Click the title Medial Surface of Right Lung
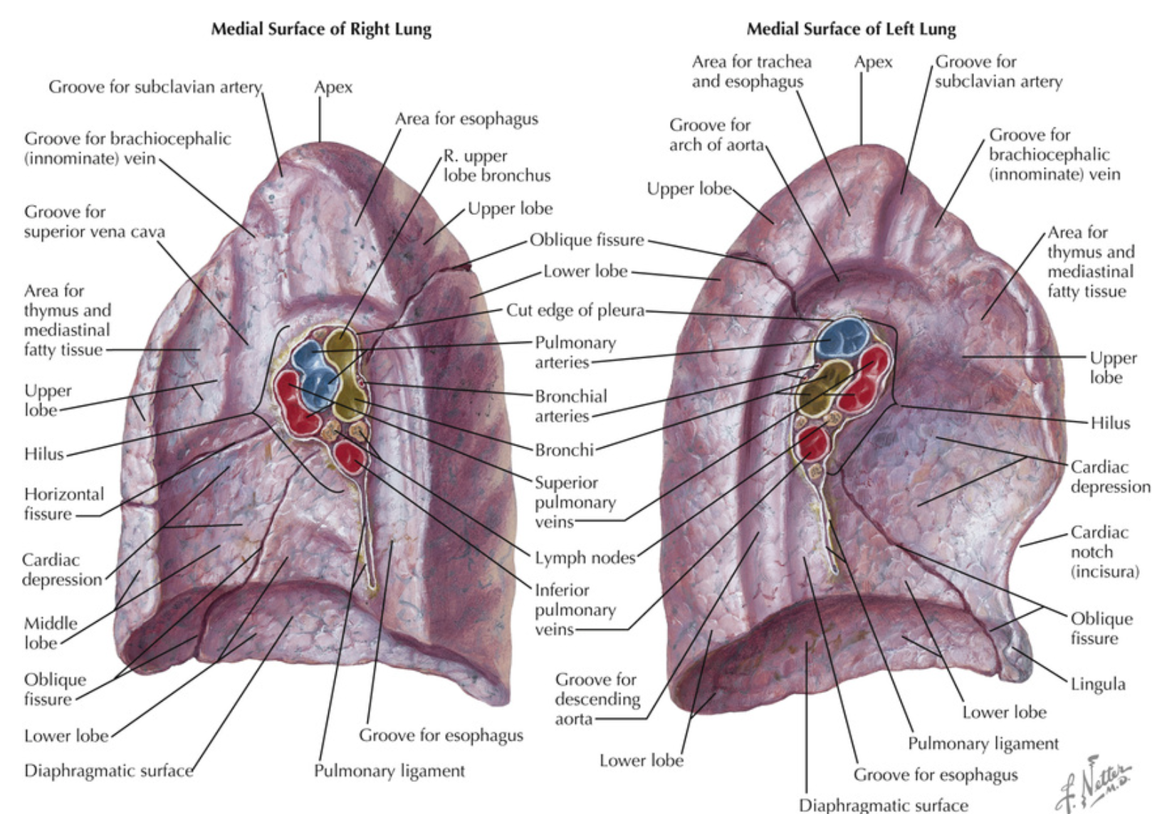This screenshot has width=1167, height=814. [320, 29]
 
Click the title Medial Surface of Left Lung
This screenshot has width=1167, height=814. [851, 29]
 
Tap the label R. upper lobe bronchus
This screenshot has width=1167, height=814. [497, 165]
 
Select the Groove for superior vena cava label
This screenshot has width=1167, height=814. [94, 222]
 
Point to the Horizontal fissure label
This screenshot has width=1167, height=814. [63, 504]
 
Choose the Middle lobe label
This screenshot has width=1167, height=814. [51, 633]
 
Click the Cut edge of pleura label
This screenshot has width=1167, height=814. [575, 310]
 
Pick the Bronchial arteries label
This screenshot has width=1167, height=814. [571, 406]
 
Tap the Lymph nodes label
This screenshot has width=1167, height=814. [585, 558]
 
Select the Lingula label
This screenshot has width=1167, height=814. [1098, 684]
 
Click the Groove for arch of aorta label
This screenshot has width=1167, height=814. [715, 134]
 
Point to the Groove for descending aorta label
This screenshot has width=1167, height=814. [597, 699]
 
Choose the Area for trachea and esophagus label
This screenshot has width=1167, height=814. [751, 71]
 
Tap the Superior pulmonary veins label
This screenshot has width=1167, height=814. [575, 502]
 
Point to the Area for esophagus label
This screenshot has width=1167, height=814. [466, 119]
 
